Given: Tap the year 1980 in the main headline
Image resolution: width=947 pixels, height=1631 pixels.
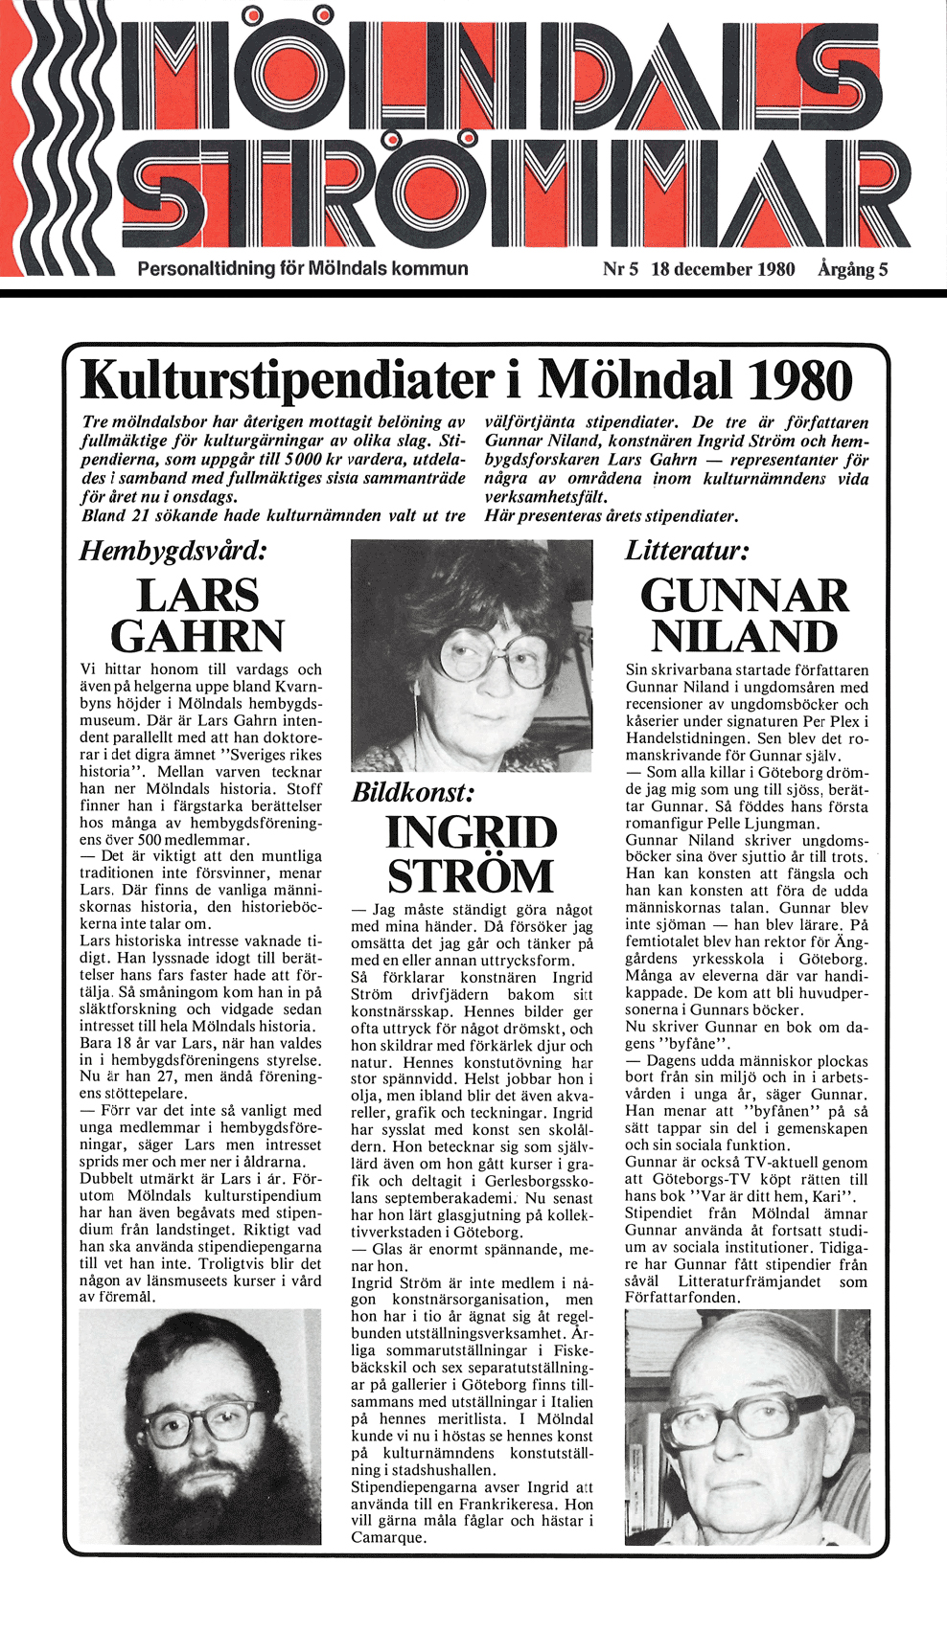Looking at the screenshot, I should [x=799, y=380].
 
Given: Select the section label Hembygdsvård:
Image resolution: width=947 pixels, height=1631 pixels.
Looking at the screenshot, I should [x=173, y=551].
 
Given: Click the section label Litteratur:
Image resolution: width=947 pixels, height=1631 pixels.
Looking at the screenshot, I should [x=686, y=551].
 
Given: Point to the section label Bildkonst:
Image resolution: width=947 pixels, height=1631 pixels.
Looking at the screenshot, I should [x=413, y=792].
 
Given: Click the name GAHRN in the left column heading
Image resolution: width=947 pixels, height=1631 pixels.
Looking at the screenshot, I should [x=197, y=636].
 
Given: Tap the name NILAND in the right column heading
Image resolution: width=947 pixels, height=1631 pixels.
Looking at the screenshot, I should [x=745, y=636].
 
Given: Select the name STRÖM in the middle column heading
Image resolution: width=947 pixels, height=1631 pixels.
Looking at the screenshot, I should [x=471, y=875].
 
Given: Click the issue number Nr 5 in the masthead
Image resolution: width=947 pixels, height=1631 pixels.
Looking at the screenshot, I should [x=619, y=269].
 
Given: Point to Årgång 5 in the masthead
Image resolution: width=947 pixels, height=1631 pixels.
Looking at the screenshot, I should [x=852, y=269].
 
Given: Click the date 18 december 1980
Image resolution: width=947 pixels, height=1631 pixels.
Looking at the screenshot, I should [x=723, y=269].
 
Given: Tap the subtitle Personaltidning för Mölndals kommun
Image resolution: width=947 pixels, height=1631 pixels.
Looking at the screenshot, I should [x=303, y=268].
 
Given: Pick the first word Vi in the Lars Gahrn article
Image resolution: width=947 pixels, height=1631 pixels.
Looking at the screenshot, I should [x=88, y=669].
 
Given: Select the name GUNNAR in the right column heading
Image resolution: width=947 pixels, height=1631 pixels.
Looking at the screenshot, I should [x=745, y=595].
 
